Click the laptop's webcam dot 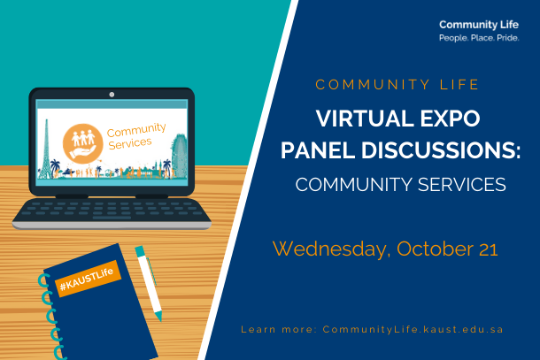[x=112, y=95]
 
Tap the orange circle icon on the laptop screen [x=82, y=143]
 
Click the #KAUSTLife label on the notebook [x=88, y=279]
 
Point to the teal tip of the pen [x=158, y=317]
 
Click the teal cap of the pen [x=140, y=251]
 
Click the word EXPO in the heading [x=450, y=119]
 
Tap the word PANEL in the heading [x=317, y=150]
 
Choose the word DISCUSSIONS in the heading [x=438, y=150]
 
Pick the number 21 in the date [x=488, y=249]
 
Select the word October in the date [x=435, y=249]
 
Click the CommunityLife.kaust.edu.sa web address [x=413, y=329]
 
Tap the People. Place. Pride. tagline [x=479, y=38]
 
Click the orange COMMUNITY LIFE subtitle [x=397, y=85]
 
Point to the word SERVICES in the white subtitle [x=462, y=185]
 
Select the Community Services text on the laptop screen [x=135, y=136]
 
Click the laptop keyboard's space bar [x=112, y=218]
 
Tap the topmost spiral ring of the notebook [x=43, y=280]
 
